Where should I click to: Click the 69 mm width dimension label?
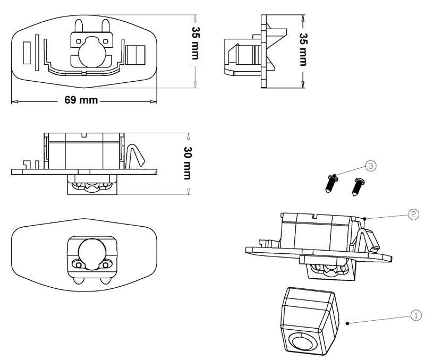coord(81,100)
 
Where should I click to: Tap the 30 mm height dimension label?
coord(188,163)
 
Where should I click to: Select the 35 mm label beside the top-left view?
coord(195,43)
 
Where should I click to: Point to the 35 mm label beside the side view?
coord(303,49)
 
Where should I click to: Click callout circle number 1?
coord(416,315)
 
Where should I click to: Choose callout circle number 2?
coord(413,215)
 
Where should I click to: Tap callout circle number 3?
coord(371,166)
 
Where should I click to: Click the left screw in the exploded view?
coord(331,184)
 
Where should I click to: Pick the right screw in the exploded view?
coord(358,186)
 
